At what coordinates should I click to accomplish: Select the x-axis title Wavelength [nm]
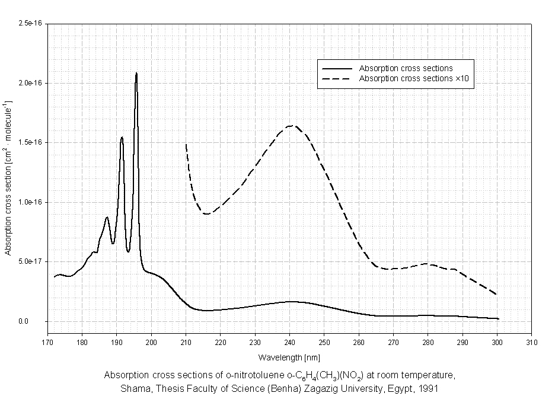tap(289, 357)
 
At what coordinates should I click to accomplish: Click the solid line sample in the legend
tap(336, 69)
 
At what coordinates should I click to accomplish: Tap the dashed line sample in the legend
tap(336, 78)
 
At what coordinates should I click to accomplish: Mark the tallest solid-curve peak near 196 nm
tap(136, 73)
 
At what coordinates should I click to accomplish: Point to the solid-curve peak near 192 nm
tap(122, 138)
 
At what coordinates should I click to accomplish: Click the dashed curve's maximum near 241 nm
tap(292, 125)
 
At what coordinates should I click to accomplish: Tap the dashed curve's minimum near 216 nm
tap(206, 213)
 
